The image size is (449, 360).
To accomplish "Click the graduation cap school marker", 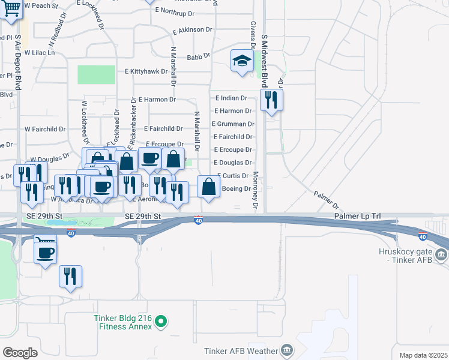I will click(242, 61).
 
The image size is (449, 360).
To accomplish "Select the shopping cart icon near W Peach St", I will click(10, 8).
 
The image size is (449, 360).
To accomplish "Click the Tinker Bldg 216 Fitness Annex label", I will click(122, 323).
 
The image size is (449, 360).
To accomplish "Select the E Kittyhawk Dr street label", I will click(150, 71).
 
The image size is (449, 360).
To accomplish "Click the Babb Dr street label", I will click(199, 56).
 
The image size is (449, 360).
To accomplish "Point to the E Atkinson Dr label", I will click(192, 29).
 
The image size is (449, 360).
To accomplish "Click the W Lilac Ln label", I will click(40, 53).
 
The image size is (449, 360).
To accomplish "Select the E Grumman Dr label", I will click(233, 124).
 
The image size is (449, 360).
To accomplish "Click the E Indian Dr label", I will click(231, 98).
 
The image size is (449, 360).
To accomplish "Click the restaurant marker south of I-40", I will click(70, 275).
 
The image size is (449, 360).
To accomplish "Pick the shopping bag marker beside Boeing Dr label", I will click(208, 186).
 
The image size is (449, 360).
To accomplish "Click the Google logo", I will click(20, 353).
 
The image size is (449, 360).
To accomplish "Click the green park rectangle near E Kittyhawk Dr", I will click(96, 74).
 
